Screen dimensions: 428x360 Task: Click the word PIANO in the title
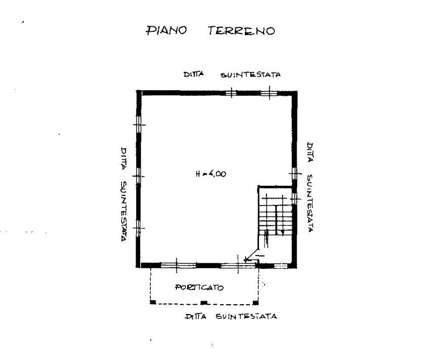(166, 30)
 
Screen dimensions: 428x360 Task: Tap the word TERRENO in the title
(241, 30)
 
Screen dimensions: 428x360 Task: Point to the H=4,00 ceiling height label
(211, 174)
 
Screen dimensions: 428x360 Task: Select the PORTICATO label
(199, 288)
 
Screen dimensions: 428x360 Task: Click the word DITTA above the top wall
(194, 74)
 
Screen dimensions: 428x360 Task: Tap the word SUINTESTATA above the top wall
(250, 75)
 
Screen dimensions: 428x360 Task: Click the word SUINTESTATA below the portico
(246, 316)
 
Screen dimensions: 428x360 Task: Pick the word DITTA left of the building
(123, 158)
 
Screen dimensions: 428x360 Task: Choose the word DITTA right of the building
(310, 152)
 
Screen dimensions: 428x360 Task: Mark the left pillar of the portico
(153, 302)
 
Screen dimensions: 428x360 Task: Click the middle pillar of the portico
(204, 302)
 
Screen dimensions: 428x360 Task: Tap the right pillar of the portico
(255, 302)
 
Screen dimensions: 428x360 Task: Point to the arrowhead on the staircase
(282, 232)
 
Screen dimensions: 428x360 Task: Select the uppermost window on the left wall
(139, 124)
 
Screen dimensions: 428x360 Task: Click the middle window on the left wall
(139, 176)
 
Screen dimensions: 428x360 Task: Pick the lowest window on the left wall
(139, 228)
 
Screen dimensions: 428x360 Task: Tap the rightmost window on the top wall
(269, 93)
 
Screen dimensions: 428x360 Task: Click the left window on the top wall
(231, 93)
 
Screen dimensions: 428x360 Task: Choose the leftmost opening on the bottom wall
(178, 265)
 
